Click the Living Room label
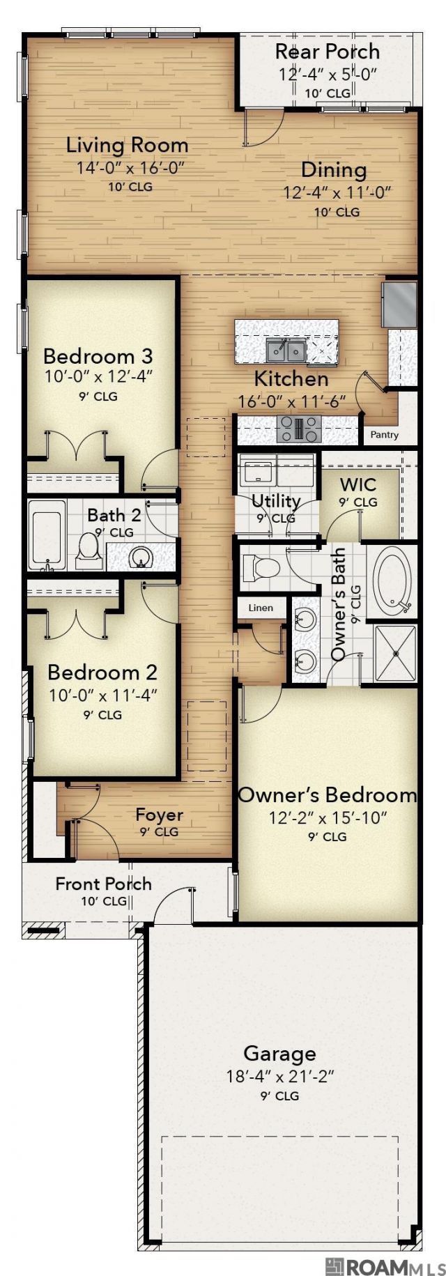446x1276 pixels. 127,146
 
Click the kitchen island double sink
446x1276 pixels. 286,350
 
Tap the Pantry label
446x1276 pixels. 385,435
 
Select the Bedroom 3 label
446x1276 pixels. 98,356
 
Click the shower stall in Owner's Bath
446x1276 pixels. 396,653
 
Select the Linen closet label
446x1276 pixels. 261,608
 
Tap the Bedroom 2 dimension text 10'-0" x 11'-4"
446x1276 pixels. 103,695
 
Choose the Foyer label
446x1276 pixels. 160,815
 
